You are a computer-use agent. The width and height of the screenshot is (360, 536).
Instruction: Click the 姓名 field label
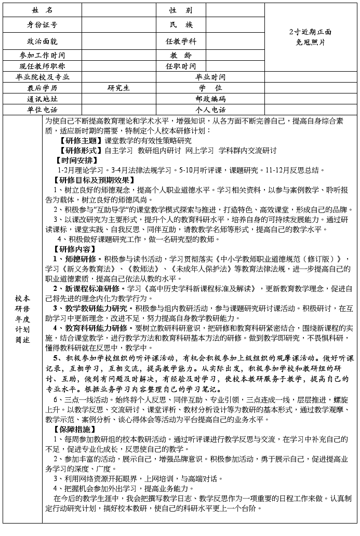[x=42, y=10]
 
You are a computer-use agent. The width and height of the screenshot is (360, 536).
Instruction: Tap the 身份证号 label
[x=42, y=24]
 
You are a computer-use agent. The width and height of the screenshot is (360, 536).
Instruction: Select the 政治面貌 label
[x=42, y=41]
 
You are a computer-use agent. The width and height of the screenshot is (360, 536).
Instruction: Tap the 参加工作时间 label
[x=42, y=56]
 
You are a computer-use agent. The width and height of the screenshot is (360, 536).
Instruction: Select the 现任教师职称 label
[x=42, y=66]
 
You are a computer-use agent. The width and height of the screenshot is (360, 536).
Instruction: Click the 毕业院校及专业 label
[x=42, y=77]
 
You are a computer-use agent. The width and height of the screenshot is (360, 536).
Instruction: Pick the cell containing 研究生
[x=118, y=88]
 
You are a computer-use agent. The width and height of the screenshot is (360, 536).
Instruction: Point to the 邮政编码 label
[x=210, y=99]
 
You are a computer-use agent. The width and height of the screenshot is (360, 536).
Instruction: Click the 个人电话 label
[x=210, y=110]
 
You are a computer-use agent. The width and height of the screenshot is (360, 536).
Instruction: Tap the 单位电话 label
[x=42, y=110]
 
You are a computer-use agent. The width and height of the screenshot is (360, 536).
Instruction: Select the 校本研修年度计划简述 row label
[x=22, y=318]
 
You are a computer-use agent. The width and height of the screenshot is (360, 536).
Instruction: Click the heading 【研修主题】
[x=82, y=141]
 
